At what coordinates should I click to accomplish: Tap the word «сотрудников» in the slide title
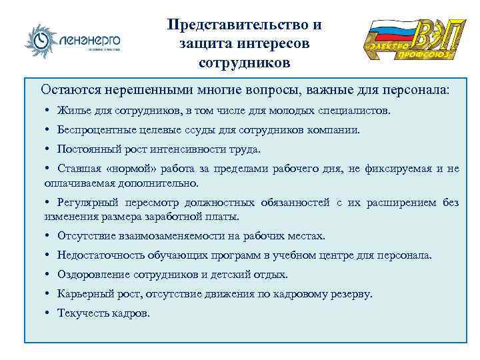(244, 63)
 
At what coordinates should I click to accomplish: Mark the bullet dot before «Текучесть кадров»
(48, 313)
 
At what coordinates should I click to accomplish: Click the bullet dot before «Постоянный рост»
(48, 149)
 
